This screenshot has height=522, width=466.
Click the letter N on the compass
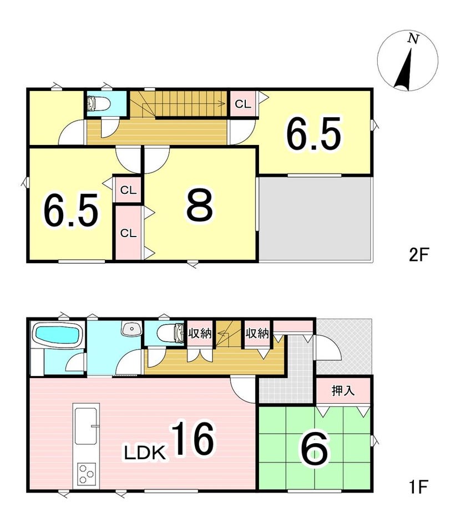413,39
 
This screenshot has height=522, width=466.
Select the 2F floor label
418,255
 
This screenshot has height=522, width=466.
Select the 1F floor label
418,486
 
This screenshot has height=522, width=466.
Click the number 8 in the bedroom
200,204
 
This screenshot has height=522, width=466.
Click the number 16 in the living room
193,438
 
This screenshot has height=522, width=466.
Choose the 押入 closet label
343,390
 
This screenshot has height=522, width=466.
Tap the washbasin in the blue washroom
132,329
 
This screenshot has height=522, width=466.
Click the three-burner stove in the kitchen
87,473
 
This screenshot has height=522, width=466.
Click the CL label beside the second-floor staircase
242,104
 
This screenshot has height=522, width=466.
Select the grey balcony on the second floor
315,218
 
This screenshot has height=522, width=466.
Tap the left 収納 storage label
200,333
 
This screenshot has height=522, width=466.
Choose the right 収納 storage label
257,333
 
